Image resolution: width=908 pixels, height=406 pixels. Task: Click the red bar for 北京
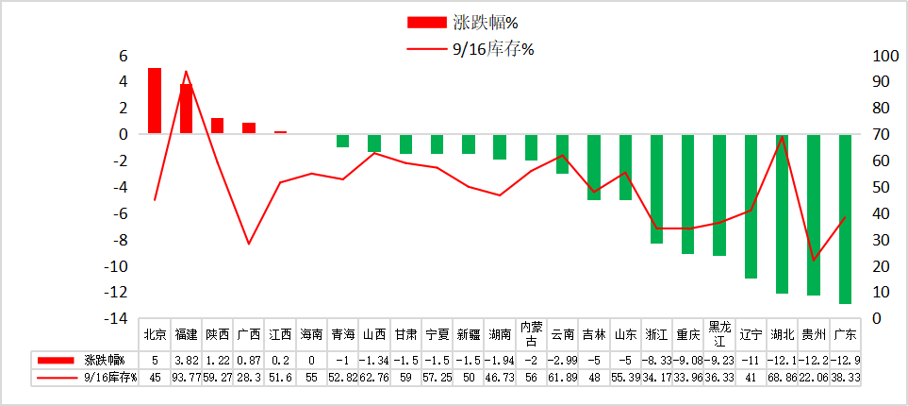coord(155,101)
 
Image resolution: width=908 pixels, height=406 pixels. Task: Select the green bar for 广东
coord(845,218)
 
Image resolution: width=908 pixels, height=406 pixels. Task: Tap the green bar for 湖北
coord(782,213)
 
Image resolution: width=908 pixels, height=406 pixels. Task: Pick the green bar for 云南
coord(562,154)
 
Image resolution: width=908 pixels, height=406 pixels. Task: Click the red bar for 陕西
coord(217,126)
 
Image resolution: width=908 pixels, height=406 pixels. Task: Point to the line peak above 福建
coord(186,71)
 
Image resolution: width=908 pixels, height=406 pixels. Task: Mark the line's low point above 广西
coord(249,244)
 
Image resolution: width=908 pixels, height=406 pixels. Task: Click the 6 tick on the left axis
coord(123,56)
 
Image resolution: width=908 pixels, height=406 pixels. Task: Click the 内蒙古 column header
coord(531,334)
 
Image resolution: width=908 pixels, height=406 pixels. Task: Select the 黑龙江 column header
coord(719,334)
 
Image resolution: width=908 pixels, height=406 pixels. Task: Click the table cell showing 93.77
coord(186,378)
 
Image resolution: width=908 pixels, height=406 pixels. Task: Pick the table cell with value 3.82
coord(186,360)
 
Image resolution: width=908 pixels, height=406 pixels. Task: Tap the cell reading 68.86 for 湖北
coord(782,378)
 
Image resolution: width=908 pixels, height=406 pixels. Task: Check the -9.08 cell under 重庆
coord(687,360)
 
